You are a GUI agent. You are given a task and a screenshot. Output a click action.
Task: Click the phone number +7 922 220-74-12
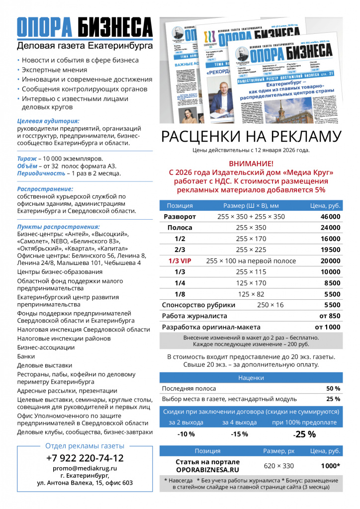(x=85, y=458)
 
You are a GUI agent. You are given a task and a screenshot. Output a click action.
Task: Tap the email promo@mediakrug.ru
(x=85, y=468)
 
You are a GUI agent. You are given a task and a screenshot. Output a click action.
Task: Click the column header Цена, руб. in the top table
(x=325, y=205)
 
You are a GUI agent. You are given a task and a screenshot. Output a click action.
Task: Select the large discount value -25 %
(x=304, y=434)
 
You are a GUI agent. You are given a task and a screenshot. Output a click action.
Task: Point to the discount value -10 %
(x=186, y=434)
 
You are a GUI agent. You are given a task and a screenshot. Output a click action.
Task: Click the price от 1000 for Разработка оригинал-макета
(x=328, y=327)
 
